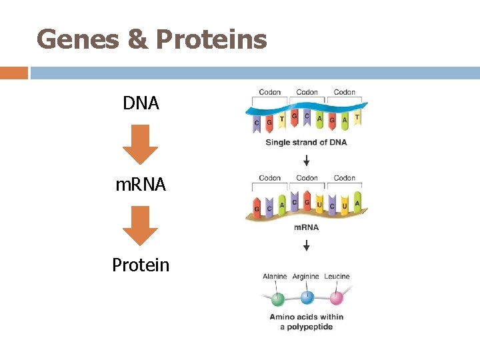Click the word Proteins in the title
pyautogui.click(x=211, y=40)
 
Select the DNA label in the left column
pyautogui.click(x=141, y=103)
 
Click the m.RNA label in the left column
pyautogui.click(x=141, y=185)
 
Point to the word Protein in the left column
pyautogui.click(x=141, y=265)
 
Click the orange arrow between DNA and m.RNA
pyautogui.click(x=141, y=144)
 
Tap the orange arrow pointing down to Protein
pyautogui.click(x=141, y=225)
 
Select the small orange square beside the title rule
pyautogui.click(x=13, y=72)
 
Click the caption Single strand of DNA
pyautogui.click(x=306, y=142)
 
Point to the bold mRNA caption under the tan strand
pyautogui.click(x=306, y=227)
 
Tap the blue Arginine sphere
pyautogui.click(x=307, y=297)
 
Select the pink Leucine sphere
pyautogui.click(x=336, y=297)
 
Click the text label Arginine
pyautogui.click(x=306, y=277)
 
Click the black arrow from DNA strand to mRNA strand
pyautogui.click(x=306, y=160)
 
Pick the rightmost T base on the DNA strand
pyautogui.click(x=357, y=118)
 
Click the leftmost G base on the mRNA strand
pyautogui.click(x=257, y=209)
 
